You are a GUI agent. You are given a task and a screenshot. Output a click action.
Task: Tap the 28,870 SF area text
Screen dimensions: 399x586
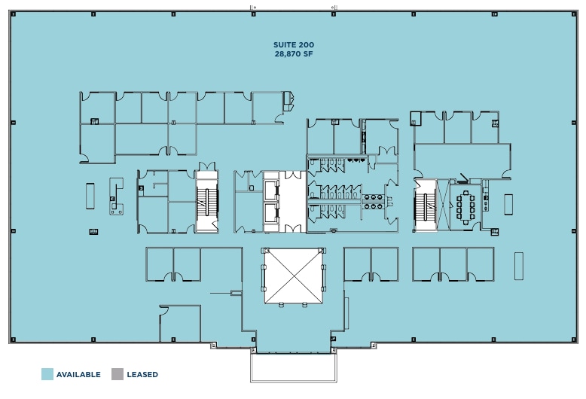point(294,55)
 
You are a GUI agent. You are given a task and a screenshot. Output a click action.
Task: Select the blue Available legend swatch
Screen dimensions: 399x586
point(47,374)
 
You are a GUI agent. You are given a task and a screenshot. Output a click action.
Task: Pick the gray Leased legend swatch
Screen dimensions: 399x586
point(117,374)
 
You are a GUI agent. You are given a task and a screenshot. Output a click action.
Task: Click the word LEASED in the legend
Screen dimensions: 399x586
point(142,374)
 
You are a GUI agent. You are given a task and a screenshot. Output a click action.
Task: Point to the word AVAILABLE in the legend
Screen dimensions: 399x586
point(78,374)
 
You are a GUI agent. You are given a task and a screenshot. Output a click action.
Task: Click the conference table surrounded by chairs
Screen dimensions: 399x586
point(466,206)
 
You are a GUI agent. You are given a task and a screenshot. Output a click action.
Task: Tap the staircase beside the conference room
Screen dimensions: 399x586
point(425,205)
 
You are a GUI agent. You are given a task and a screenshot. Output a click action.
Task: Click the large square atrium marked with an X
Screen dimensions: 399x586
point(292,276)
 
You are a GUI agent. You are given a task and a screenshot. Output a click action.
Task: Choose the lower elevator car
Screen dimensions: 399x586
point(270,213)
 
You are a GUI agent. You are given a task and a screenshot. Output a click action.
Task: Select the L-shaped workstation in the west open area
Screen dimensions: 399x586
point(116,197)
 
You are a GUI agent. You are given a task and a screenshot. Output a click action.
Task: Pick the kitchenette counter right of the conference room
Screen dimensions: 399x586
point(486,202)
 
